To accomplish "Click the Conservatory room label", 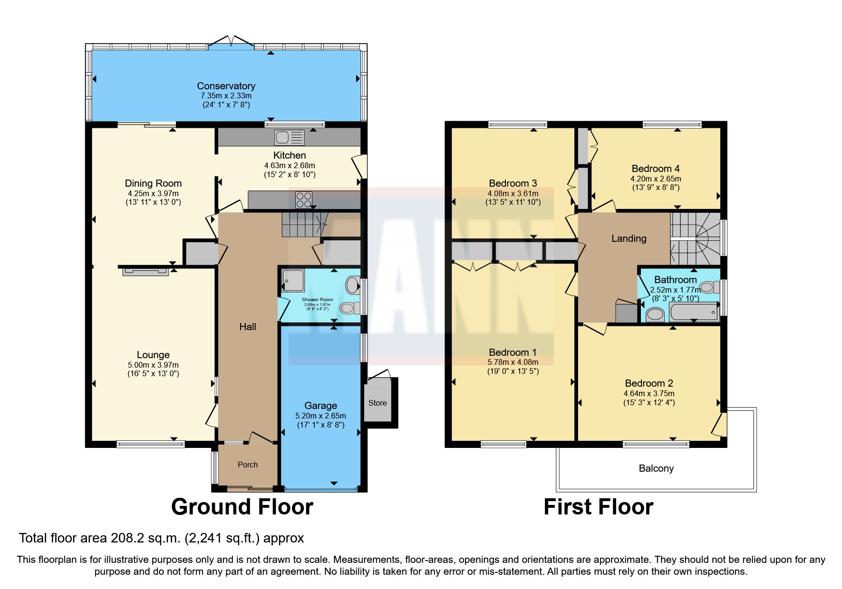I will pos(226,86).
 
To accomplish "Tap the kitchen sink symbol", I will pos(289,138).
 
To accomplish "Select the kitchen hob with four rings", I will pos(304,199).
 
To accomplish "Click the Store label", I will pos(377,403).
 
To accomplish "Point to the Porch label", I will pos(248,465).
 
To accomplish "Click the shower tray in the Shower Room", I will pos(293,280).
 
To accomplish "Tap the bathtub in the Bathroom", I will pos(694,312).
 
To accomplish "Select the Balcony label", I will pos(656,468).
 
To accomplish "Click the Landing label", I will pos(629,238).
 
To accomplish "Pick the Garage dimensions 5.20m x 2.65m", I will pos(320,416).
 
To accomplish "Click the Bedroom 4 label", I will pos(655,169).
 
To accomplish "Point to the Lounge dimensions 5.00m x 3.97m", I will pos(153,365).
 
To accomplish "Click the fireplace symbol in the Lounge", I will pos(145,272).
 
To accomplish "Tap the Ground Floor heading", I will pos(242,507).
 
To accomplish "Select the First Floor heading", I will pos(598,507).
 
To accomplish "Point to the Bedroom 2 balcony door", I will pos(719,424).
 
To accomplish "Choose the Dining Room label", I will pos(153,183).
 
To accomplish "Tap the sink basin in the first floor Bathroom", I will pos(655,314).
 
